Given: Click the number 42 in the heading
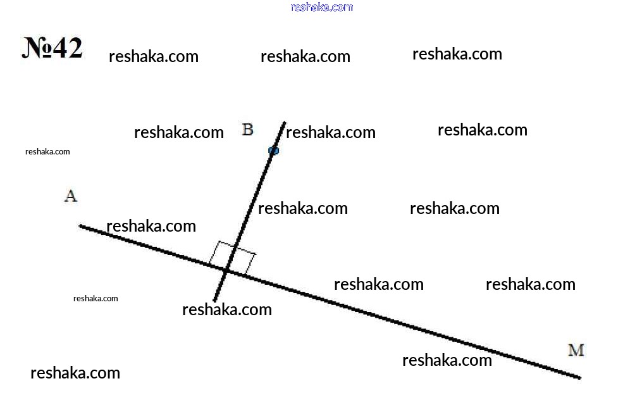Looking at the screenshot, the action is point(68,48).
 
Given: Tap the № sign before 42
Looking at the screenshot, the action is point(37,48).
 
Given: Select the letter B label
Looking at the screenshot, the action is point(248,129).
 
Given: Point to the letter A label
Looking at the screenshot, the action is point(71,196).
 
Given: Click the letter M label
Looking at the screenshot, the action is point(576,350).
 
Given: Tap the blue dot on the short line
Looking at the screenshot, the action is point(273,151).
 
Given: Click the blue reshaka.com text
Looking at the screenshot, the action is point(322,7).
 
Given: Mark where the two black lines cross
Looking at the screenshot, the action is point(226,270).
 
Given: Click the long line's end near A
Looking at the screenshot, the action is point(80,226).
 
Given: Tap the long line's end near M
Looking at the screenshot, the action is point(580,378).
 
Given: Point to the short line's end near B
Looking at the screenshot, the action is point(285,122).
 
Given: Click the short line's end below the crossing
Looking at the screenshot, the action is point(214,301).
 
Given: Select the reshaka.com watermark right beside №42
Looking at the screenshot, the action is point(154,56).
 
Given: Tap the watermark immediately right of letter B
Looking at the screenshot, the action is point(331,132).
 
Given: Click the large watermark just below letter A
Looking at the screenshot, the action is point(151,226).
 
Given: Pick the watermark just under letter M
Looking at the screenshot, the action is point(447,360).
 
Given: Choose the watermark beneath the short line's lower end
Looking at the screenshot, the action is point(227,310).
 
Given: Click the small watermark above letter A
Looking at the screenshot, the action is point(47,151).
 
